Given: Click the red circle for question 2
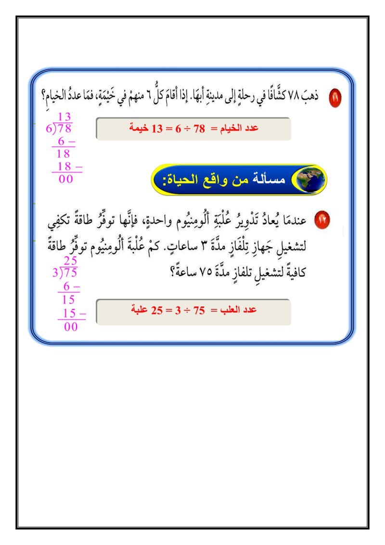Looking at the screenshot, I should (x=321, y=220).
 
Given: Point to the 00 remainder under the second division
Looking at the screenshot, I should (x=71, y=327).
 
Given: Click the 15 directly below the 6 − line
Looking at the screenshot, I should (x=68, y=299).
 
